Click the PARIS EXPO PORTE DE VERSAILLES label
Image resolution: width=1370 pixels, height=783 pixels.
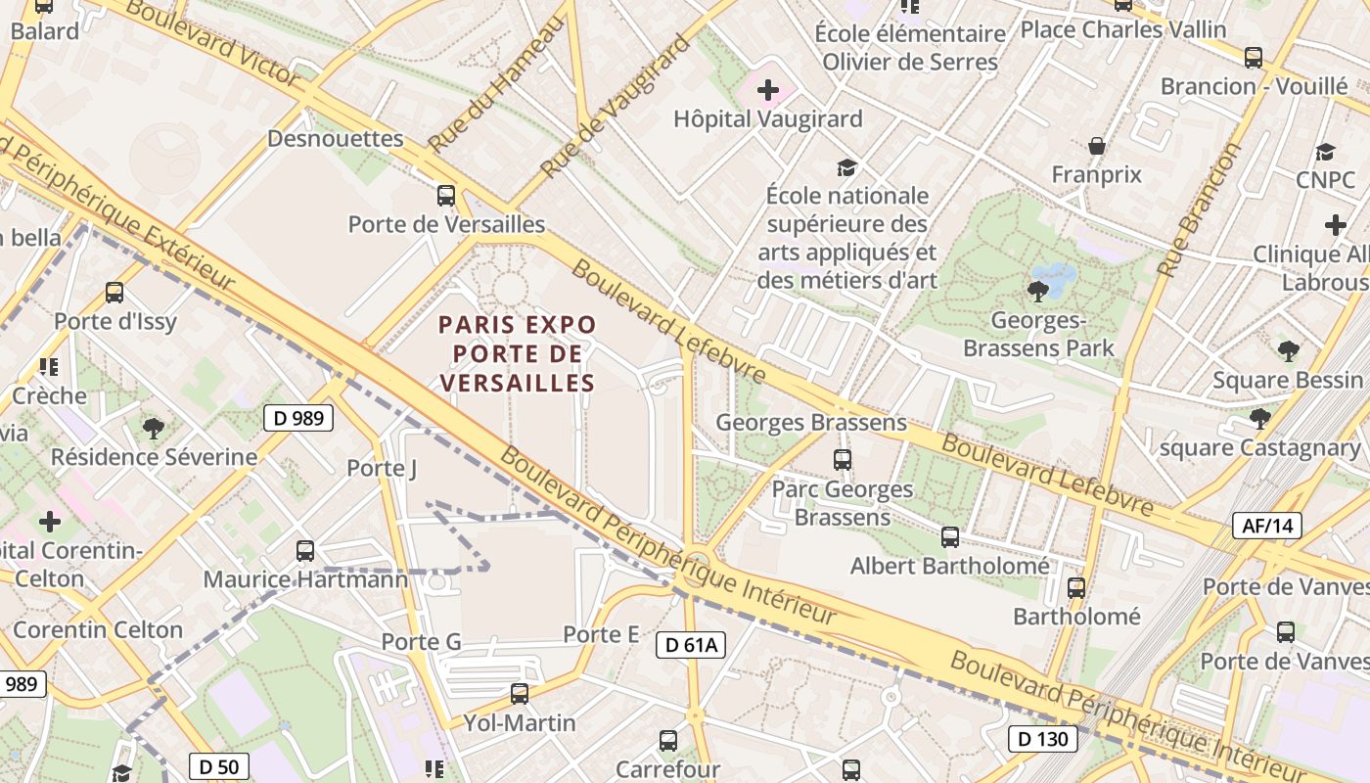[x=517, y=353]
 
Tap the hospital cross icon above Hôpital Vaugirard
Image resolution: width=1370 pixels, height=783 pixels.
[x=768, y=91]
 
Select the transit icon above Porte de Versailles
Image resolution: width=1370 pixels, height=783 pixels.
[x=446, y=195]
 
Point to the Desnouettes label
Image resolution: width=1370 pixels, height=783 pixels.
[x=336, y=138]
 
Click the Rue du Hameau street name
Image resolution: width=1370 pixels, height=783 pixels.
[x=496, y=85]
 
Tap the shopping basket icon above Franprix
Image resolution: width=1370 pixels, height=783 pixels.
[x=1097, y=146]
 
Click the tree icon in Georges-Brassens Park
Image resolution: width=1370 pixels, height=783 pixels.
[x=1037, y=291]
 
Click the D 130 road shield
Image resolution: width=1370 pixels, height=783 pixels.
[x=1043, y=738]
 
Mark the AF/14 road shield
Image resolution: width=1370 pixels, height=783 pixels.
[x=1267, y=526]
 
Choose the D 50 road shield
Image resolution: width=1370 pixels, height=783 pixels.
[x=218, y=766]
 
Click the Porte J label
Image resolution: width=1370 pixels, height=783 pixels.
[x=382, y=469]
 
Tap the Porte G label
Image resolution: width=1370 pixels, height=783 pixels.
[x=421, y=642]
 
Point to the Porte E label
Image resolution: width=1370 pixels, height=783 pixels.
[x=601, y=634]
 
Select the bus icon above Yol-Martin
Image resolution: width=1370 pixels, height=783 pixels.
[x=520, y=694]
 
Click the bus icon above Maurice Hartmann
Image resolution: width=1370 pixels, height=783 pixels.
[x=305, y=551]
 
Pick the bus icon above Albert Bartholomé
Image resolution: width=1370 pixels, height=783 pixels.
[x=950, y=536]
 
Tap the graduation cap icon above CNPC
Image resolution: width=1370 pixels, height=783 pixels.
[x=1325, y=152]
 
